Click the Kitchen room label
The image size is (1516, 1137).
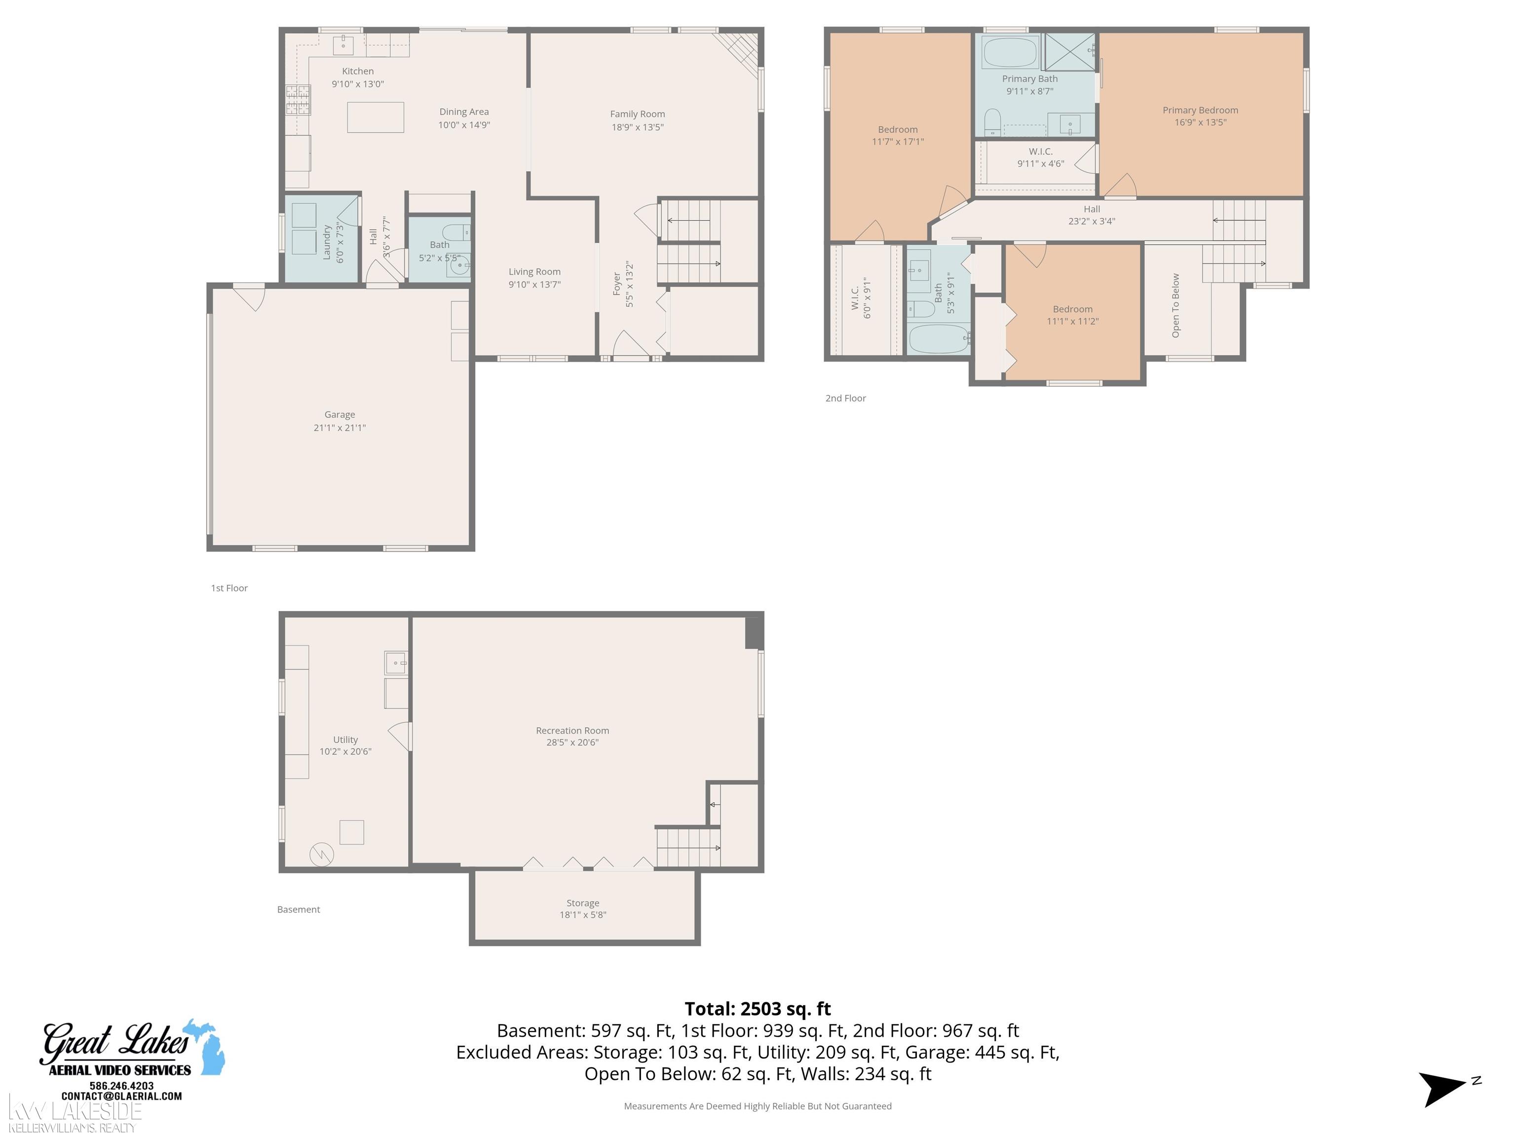358,71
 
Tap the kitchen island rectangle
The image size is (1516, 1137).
375,117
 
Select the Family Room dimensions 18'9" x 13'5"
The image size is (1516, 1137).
638,127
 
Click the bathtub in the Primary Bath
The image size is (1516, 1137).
1010,52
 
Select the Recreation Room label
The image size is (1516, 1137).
572,730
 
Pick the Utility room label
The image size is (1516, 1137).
345,740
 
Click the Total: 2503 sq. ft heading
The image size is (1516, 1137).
758,1009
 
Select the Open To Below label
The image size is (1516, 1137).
1176,305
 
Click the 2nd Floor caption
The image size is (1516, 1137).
846,398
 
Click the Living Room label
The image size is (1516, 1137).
534,272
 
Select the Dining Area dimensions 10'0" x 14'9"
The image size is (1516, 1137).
464,125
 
